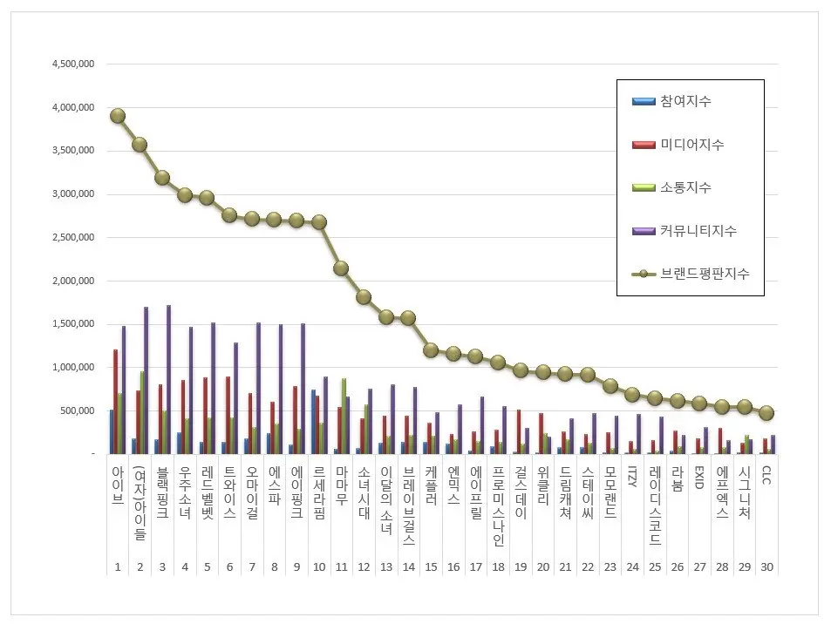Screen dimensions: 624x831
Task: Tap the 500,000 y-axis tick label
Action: (78, 410)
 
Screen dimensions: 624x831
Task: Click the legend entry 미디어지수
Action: (689, 145)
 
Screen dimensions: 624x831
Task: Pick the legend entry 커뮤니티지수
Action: (695, 231)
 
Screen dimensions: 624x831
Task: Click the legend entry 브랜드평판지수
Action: (701, 274)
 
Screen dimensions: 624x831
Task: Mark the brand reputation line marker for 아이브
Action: (118, 116)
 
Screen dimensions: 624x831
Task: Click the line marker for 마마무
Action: (341, 268)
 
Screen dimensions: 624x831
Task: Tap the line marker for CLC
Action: (766, 413)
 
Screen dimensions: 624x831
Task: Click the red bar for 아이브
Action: (115, 401)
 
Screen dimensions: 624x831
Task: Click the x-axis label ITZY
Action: (632, 477)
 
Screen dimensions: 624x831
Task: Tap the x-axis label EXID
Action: (699, 477)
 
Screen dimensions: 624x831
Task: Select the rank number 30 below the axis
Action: (766, 567)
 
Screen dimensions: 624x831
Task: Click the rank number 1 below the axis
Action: (118, 567)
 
